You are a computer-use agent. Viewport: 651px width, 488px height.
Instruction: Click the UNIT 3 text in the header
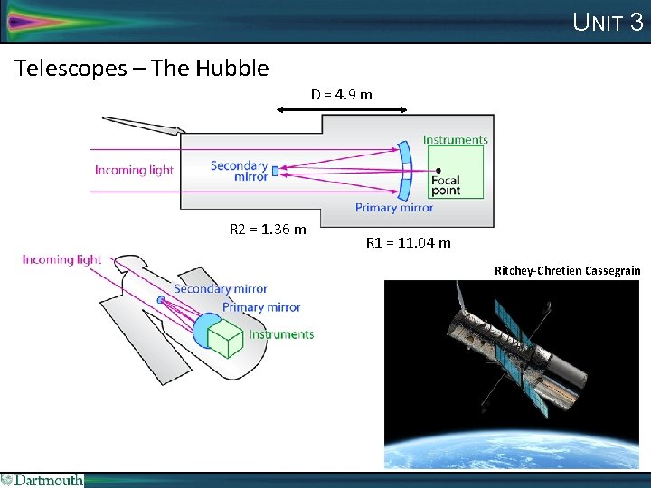coord(608,22)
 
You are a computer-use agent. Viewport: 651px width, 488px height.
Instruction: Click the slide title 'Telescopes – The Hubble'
coord(142,68)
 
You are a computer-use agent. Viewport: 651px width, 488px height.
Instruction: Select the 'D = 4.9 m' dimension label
coord(342,94)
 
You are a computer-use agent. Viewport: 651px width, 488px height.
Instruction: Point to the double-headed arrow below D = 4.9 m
coord(342,109)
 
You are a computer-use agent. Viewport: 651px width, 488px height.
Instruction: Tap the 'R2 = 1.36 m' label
coord(268,230)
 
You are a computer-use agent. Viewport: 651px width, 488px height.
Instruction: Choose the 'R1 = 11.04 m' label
coord(408,242)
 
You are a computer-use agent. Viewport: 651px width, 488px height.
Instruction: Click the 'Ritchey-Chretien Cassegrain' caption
coord(567,270)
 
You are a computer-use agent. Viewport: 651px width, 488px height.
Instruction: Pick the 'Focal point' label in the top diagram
coord(446,185)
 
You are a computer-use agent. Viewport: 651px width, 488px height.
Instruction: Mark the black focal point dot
coord(438,170)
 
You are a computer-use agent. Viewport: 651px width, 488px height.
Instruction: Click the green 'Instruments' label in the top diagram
coord(455,140)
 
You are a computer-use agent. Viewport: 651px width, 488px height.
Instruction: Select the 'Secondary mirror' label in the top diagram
coord(239,171)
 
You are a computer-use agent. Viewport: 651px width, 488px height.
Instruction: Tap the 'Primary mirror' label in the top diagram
coord(393,208)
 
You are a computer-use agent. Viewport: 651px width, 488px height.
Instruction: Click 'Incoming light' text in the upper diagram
coord(134,170)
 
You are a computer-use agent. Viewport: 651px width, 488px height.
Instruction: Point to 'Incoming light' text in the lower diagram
coord(61,259)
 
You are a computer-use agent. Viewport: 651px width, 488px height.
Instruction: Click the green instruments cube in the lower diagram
coord(226,340)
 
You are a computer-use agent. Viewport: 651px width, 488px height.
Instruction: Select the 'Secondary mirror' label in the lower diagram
coord(220,289)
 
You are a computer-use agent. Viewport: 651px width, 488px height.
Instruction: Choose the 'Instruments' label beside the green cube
coord(281,334)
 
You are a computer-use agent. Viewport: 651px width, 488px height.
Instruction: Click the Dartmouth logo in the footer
coord(42,480)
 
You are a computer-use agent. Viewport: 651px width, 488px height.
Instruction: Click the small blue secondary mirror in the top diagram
coord(274,170)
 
